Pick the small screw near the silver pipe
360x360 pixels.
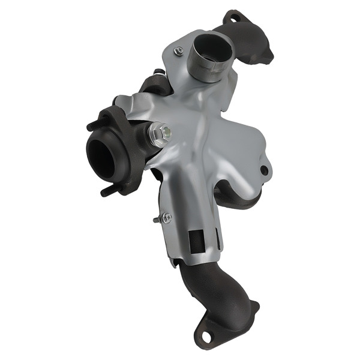(x=178, y=52)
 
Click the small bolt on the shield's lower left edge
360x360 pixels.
(x=165, y=217)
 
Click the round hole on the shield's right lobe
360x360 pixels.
(x=264, y=170)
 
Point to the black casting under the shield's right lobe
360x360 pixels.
(x=234, y=195)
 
